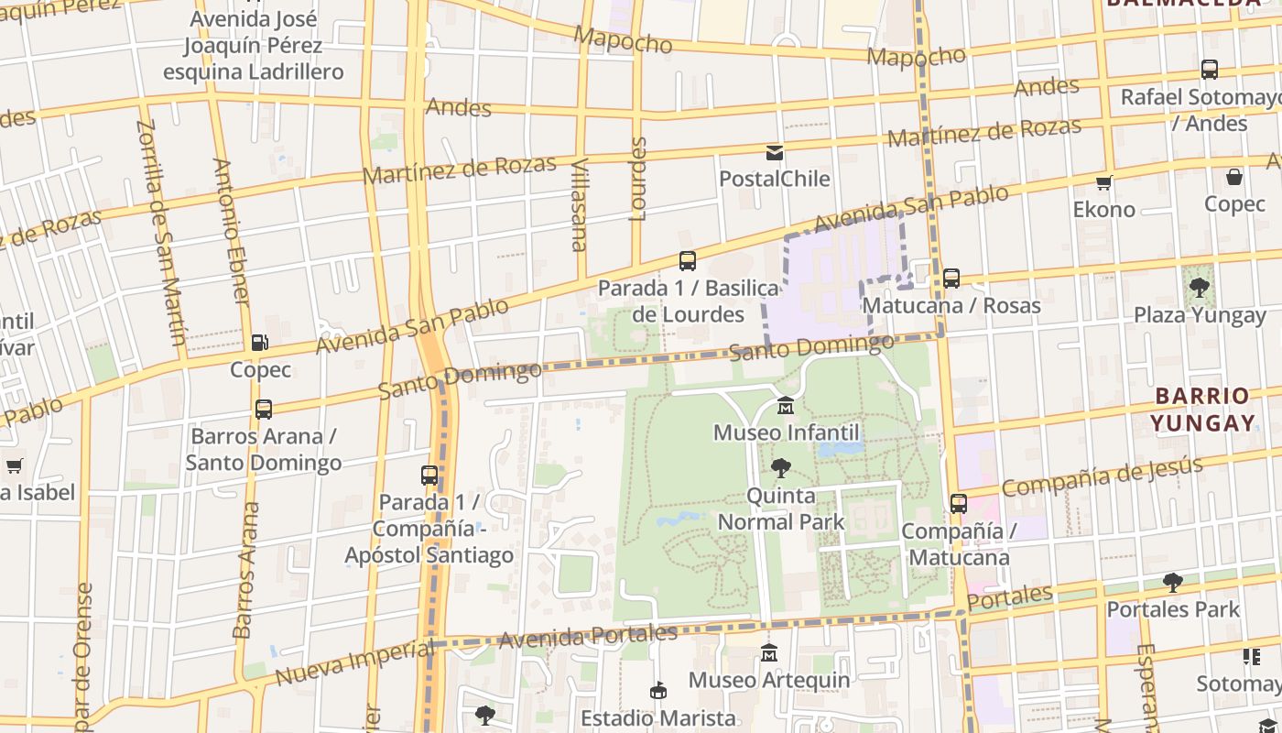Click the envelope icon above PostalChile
click(775, 152)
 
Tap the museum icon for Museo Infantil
click(785, 406)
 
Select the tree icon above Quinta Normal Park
click(780, 468)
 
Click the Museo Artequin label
click(768, 680)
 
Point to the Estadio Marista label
click(657, 717)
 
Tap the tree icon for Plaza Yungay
click(1199, 288)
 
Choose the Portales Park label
click(1173, 609)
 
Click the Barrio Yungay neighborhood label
click(1202, 410)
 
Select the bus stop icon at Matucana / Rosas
click(951, 278)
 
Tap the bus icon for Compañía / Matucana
click(958, 503)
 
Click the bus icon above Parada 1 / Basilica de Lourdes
click(687, 261)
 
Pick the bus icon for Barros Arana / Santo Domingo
click(264, 409)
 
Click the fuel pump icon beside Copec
click(260, 343)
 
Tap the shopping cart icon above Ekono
click(1104, 182)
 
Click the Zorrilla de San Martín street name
click(162, 231)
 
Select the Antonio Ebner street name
click(231, 231)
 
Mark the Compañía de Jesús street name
click(1102, 476)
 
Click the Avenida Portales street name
click(589, 636)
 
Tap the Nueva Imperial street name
click(354, 663)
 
